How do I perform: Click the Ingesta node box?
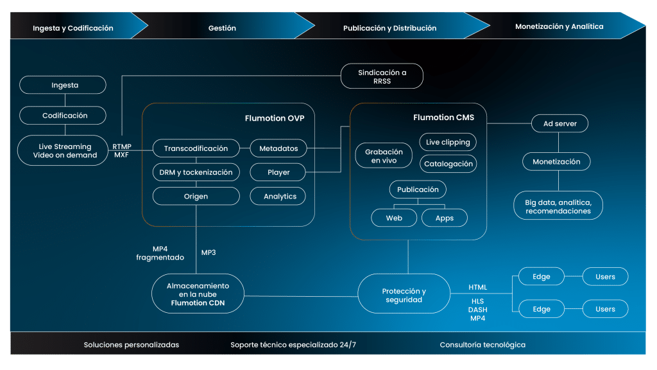click(x=62, y=85)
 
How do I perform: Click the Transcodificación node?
click(x=196, y=148)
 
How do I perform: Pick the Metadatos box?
click(x=278, y=148)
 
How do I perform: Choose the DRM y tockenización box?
click(x=196, y=172)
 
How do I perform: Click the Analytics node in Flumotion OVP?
click(x=278, y=196)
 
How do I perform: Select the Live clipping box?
click(x=448, y=142)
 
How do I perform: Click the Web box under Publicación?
click(x=393, y=218)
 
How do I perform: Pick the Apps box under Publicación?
click(x=444, y=218)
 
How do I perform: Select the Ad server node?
click(x=560, y=123)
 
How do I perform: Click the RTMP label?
click(x=122, y=146)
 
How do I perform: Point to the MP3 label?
click(x=209, y=252)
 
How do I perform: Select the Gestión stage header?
click(x=222, y=28)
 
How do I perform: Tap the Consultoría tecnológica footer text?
click(x=482, y=345)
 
